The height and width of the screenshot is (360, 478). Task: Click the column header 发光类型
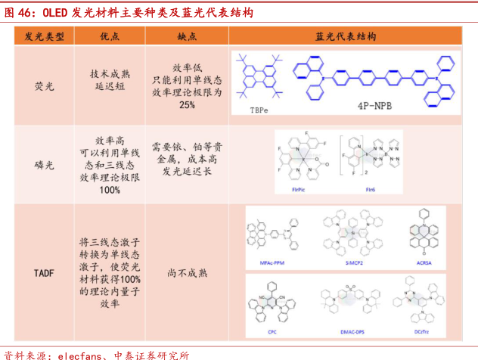point(44,36)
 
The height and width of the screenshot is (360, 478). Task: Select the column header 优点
point(110,36)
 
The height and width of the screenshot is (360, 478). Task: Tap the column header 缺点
point(187,36)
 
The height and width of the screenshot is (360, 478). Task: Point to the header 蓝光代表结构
point(346,36)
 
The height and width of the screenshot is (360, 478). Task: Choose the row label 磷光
point(44,165)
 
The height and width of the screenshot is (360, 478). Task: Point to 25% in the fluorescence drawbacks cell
point(187,104)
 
